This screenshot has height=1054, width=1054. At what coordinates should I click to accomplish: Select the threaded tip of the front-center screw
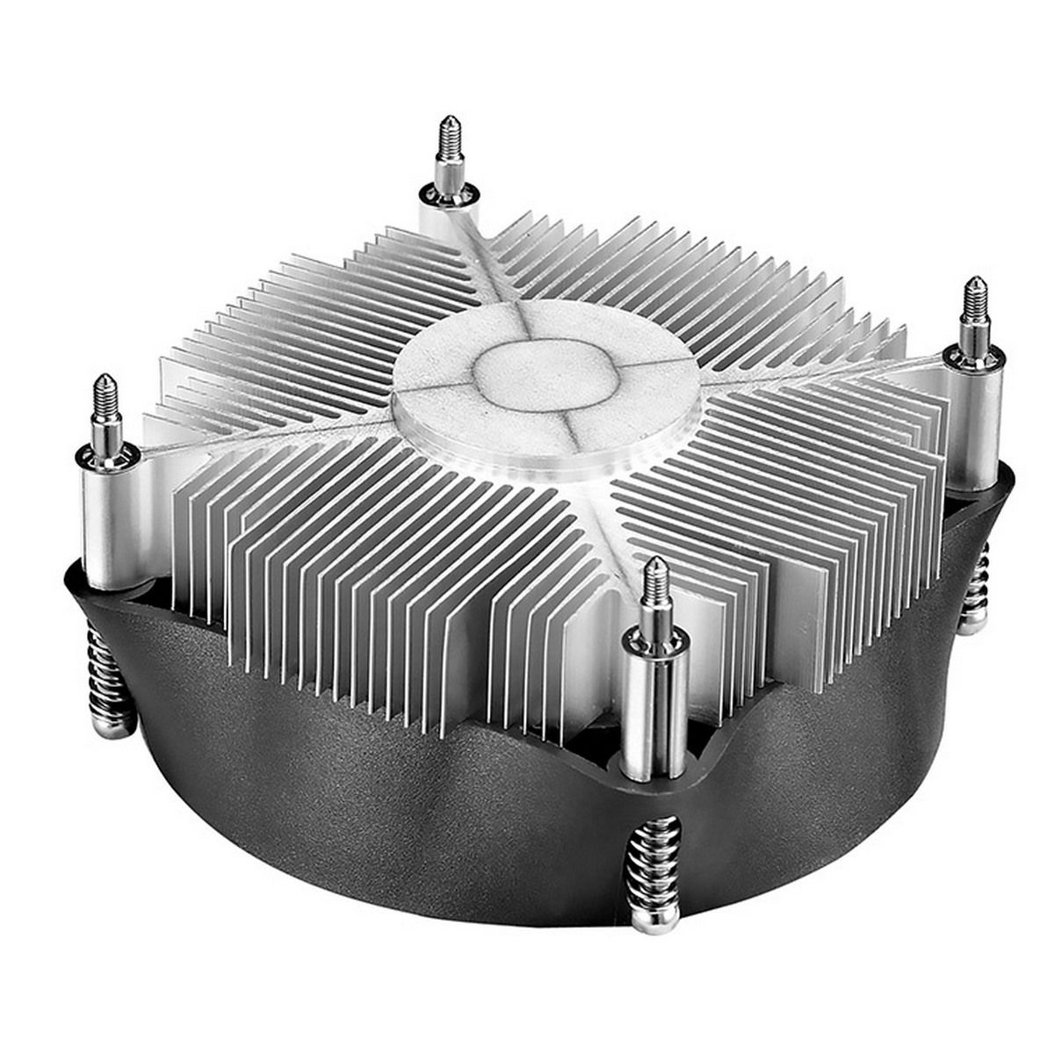tap(653, 583)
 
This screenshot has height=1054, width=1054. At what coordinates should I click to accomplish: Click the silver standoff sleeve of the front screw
tap(653, 703)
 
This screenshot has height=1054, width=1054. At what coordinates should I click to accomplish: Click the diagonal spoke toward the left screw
tap(290, 430)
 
